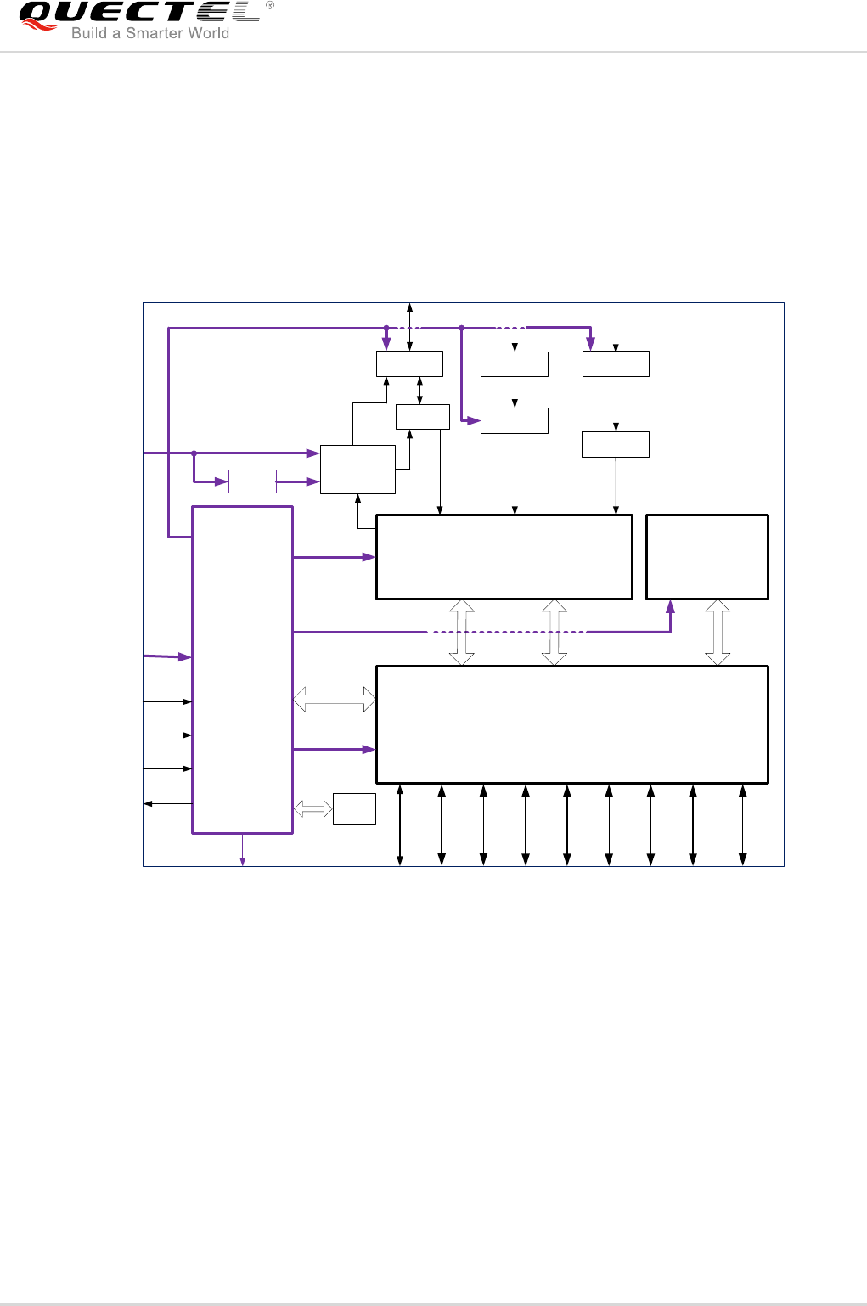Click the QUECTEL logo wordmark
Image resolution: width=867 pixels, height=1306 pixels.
click(x=140, y=12)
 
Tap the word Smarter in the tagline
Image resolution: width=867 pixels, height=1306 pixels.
click(x=152, y=33)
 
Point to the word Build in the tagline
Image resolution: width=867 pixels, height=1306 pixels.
click(x=89, y=33)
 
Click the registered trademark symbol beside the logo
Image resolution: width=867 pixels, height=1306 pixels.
click(x=270, y=5)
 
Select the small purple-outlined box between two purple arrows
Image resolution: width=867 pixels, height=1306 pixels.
click(x=252, y=481)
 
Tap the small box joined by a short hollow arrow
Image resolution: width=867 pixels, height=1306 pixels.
click(x=354, y=808)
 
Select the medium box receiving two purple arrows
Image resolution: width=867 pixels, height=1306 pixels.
click(x=358, y=470)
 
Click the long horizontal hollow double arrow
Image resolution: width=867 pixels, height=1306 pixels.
click(x=334, y=699)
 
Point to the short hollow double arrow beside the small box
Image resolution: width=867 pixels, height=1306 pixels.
click(x=313, y=808)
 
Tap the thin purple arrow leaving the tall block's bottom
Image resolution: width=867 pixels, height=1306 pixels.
click(x=243, y=849)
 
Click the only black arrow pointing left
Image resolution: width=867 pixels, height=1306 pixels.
click(x=168, y=803)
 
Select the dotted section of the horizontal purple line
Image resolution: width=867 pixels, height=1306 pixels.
click(x=507, y=632)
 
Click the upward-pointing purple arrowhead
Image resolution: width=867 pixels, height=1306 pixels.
click(x=671, y=606)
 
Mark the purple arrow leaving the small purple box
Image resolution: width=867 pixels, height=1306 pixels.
click(x=298, y=481)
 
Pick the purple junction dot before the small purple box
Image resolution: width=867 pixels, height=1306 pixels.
click(x=194, y=453)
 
